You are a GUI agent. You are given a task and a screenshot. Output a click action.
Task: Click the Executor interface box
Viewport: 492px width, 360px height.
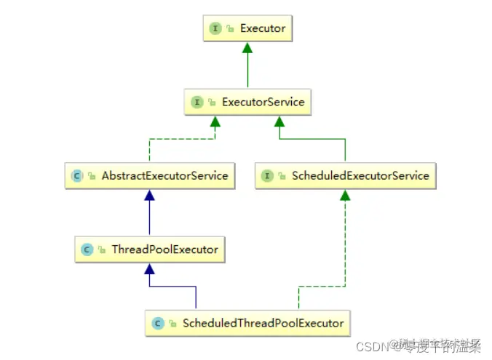247,28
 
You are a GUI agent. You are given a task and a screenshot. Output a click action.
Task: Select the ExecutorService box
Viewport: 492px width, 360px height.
247,102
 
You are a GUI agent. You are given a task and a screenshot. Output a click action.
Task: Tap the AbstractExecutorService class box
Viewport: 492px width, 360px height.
149,175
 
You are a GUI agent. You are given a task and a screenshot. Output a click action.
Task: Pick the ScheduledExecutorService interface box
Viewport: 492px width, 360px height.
345,175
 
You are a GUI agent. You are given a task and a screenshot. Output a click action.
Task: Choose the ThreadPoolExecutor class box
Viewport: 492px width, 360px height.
149,249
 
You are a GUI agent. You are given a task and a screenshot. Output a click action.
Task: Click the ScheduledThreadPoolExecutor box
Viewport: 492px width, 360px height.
247,322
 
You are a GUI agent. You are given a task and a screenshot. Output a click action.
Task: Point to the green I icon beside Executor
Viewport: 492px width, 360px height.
215,28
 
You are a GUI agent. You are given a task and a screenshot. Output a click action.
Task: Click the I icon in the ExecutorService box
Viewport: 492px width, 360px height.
197,102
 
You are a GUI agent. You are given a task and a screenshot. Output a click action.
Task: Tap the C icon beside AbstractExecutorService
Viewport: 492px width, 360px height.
76,176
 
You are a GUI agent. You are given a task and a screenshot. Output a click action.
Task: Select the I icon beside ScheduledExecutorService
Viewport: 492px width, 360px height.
268,176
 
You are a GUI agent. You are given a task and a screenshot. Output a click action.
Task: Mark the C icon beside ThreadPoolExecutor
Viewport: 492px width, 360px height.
87,249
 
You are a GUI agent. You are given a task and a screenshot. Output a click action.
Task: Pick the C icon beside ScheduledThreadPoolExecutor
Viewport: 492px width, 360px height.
157,322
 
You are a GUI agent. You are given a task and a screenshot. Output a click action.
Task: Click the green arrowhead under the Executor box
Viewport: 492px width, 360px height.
247,47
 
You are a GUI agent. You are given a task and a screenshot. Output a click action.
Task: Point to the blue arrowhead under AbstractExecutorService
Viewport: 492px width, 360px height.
149,195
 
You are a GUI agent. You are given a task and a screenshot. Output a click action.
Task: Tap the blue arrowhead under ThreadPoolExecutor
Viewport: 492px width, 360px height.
149,268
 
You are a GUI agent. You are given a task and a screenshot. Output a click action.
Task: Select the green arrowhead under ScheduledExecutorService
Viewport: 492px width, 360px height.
345,195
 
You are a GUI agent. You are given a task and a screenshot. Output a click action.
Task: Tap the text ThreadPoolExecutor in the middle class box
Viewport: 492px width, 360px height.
164,249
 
